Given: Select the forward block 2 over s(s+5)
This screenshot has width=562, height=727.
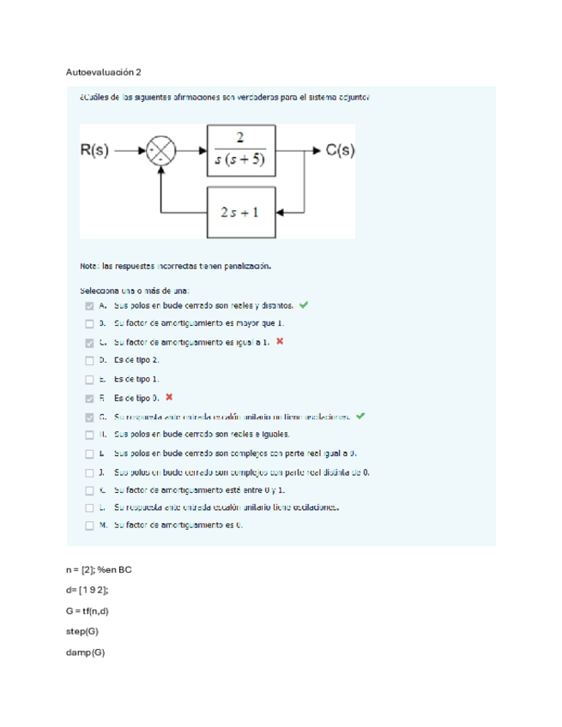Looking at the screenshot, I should point(240,149).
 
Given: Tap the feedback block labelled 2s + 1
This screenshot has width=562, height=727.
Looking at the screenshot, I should point(240,212).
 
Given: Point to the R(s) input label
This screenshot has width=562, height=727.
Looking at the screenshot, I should point(94,150).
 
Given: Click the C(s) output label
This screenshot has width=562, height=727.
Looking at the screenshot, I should point(341,150).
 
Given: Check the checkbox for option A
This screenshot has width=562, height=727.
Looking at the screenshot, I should point(89,305).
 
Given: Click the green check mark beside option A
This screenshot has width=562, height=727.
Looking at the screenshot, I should point(304,304).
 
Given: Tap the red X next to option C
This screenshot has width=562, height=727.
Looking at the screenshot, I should point(280,342).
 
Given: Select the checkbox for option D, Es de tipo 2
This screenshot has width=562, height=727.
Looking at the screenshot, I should point(89,361).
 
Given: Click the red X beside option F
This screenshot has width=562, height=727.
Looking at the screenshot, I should point(169,398).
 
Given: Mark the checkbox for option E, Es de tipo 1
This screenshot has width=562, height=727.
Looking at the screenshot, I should point(89,380).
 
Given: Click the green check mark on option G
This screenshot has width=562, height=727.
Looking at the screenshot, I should point(360,417).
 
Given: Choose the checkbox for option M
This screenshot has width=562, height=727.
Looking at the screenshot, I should point(89,527).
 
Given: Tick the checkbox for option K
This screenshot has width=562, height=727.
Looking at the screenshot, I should point(89,490).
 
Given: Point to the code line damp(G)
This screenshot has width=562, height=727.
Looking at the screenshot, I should point(84,652).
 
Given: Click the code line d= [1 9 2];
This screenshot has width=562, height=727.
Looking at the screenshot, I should point(87,590).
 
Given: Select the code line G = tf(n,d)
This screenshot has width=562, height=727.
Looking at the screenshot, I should point(88,610).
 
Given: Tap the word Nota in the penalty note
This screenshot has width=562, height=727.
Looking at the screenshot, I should point(88,266).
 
